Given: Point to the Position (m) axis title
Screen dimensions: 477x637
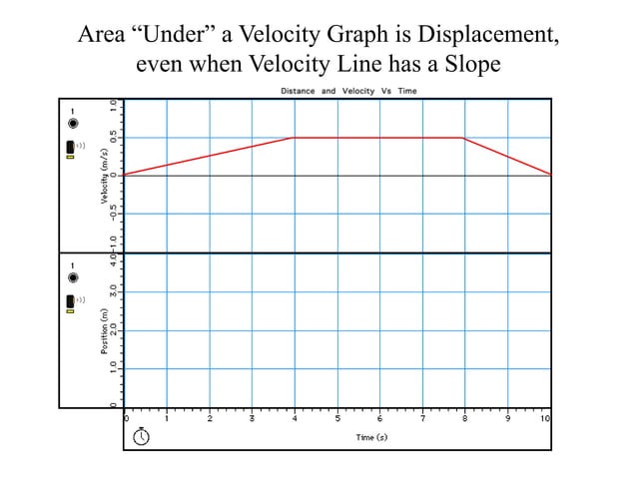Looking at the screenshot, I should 103,331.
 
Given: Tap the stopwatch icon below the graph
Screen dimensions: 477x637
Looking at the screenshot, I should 142,435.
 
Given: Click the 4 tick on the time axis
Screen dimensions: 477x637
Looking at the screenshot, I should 295,418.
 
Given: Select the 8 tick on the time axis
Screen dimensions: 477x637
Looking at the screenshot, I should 464,418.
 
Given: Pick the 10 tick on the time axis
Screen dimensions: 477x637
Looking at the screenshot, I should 545,418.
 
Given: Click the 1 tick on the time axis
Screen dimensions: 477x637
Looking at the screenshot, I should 167,418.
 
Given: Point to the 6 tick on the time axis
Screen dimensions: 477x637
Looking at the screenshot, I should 379,418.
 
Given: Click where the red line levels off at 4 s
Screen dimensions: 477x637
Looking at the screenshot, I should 292,138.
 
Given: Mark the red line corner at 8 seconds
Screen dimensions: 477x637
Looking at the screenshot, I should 462,138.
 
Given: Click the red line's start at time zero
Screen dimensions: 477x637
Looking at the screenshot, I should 124,175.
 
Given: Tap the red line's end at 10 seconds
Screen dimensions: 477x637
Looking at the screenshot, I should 549,175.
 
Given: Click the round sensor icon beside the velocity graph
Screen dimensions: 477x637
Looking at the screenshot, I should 72,124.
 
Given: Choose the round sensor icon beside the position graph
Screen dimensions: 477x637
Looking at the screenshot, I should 72,277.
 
